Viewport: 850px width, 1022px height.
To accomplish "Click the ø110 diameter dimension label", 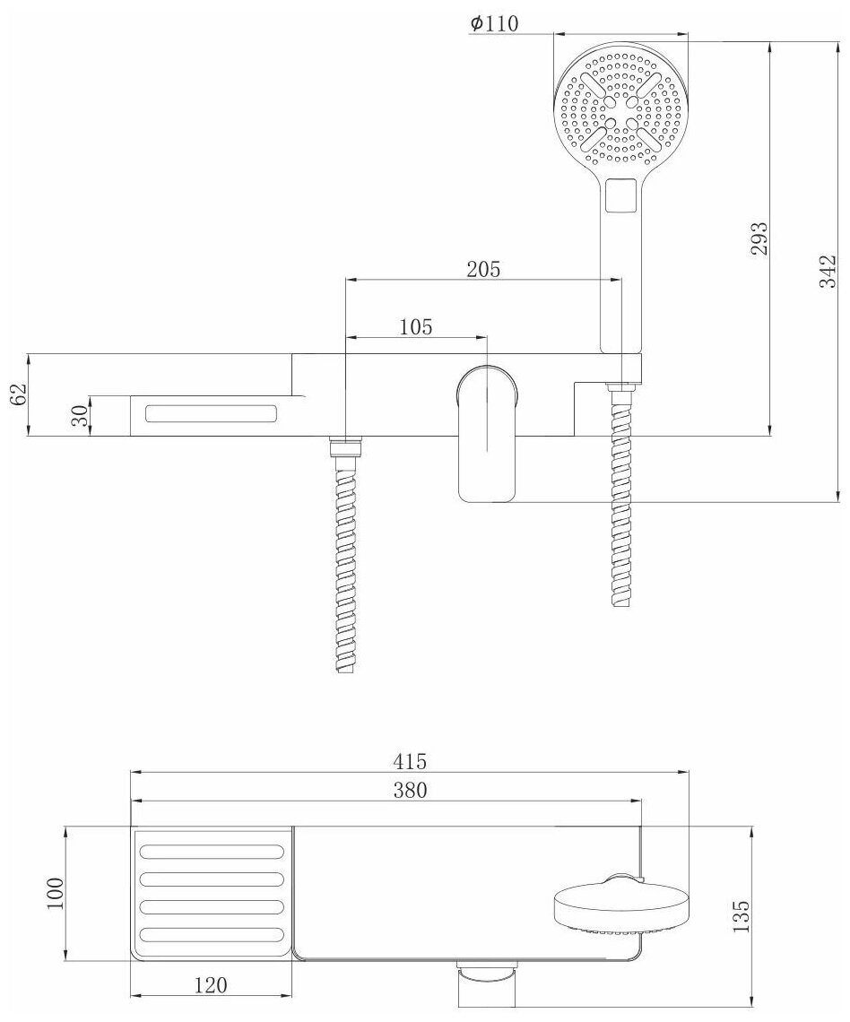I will pyautogui.click(x=494, y=24).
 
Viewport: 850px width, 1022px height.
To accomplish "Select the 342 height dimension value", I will pyautogui.click(x=828, y=271).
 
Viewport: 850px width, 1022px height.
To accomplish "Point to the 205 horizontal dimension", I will pyautogui.click(x=483, y=268).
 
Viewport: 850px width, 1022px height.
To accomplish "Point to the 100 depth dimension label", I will pyautogui.click(x=55, y=893).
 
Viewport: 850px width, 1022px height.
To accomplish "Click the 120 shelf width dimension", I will pyautogui.click(x=209, y=985).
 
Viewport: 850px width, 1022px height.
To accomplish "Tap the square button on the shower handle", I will pyautogui.click(x=621, y=195).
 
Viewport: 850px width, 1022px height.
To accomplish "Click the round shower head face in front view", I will pyautogui.click(x=621, y=108).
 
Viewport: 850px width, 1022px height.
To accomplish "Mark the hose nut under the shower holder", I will pyautogui.click(x=620, y=387).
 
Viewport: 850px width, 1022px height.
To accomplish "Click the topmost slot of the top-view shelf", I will pyautogui.click(x=212, y=852).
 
